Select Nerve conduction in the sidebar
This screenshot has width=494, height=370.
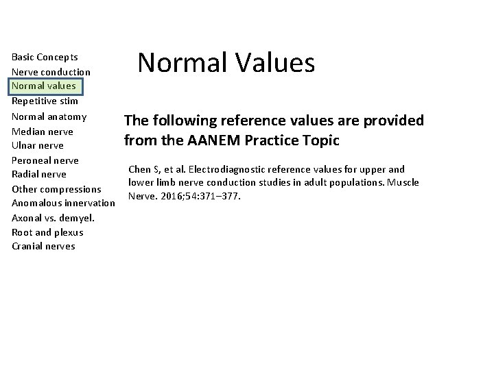coord(51,72)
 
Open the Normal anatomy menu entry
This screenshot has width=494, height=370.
coord(49,116)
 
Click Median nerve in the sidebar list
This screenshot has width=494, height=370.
coord(43,131)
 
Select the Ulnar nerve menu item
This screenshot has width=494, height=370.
coord(38,145)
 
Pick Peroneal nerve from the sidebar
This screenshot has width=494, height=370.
coord(45,160)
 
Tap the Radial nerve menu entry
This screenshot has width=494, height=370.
coord(39,174)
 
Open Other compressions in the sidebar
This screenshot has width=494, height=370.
coord(56,188)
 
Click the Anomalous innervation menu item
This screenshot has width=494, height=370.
coord(63,203)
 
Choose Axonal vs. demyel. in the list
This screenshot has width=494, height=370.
coord(53,218)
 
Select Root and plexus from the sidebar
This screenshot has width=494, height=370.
coord(47,232)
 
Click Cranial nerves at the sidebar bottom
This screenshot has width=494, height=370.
coord(43,246)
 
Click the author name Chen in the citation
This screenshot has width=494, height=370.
coord(140,169)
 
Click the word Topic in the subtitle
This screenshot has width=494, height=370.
coord(318,141)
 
